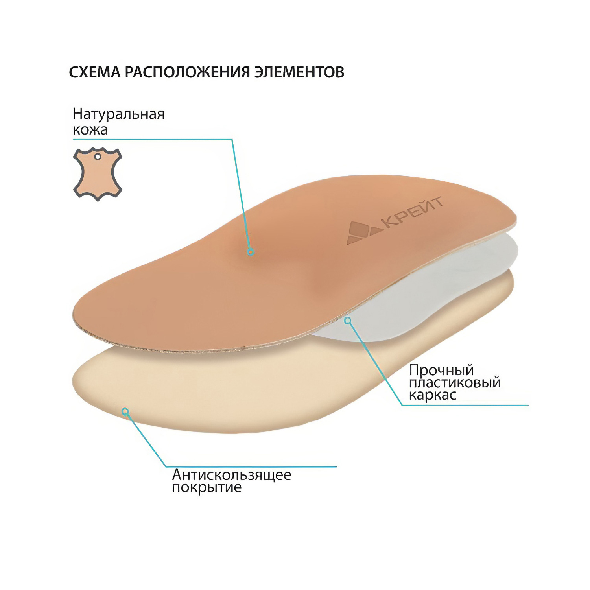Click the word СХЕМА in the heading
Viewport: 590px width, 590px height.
pos(95,72)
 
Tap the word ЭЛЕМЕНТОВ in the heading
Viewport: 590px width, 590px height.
pos(299,72)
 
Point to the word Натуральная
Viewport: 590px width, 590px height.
pos(119,114)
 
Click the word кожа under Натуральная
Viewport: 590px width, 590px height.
pos(90,130)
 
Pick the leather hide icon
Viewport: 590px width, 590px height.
pos(98,174)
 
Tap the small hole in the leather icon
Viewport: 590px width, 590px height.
pos(98,157)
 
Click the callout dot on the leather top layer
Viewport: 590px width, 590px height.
pos(251,252)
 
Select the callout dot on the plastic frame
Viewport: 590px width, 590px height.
pos(347,321)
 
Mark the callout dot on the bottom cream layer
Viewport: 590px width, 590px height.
pos(125,412)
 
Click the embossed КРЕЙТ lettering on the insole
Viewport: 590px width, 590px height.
pos(413,213)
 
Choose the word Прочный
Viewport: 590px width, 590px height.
pos(441,371)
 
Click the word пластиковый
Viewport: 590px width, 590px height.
pos(455,383)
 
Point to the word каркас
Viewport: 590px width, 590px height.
pos(433,395)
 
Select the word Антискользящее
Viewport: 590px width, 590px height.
pos(232,475)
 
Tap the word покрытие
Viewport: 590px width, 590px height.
pos(207,488)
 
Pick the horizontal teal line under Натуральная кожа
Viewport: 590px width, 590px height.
pos(153,139)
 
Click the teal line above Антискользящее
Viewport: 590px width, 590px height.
pos(251,467)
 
